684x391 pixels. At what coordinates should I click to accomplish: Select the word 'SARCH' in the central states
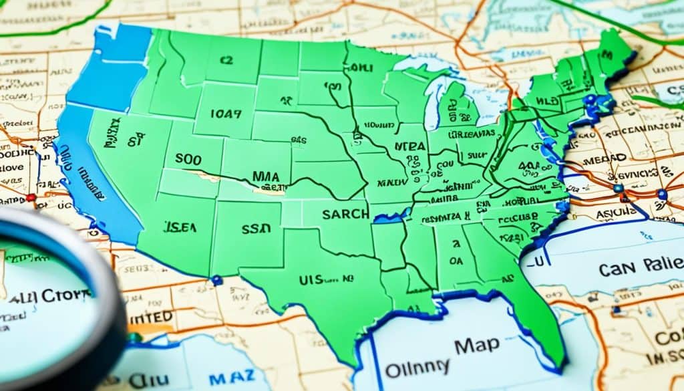(x=345, y=214)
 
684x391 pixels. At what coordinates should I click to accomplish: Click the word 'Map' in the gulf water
(x=476, y=345)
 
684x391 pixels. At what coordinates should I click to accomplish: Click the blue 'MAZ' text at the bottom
(x=228, y=378)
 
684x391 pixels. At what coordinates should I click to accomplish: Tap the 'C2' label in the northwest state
(x=226, y=60)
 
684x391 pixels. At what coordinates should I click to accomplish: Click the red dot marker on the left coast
(x=30, y=198)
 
